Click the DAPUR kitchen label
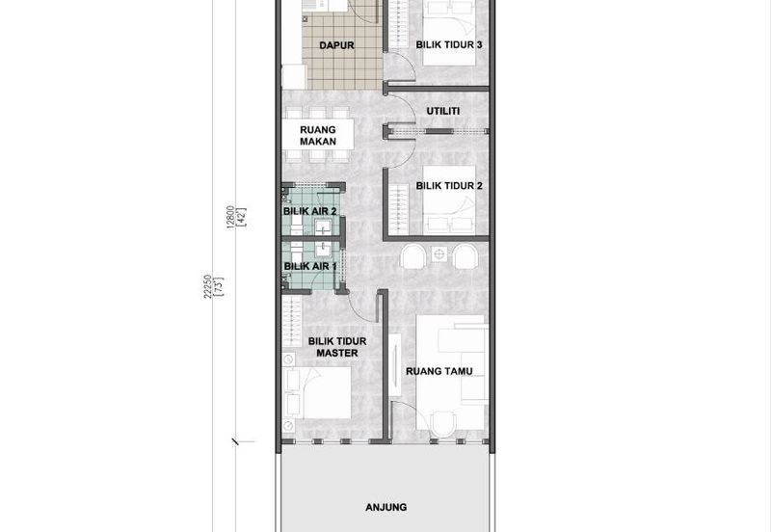(x=336, y=45)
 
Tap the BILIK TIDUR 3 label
(x=449, y=44)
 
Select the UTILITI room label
(x=443, y=111)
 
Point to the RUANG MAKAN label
(x=318, y=136)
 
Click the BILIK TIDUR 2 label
(x=449, y=186)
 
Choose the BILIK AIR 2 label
(x=309, y=211)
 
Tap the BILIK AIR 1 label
(x=310, y=267)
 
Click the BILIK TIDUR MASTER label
(x=337, y=347)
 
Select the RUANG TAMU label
(x=439, y=371)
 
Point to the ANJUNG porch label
(x=386, y=507)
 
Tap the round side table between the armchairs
(x=439, y=254)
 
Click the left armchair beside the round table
(x=412, y=256)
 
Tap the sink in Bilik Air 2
(x=323, y=227)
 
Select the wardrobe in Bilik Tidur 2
(x=399, y=209)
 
